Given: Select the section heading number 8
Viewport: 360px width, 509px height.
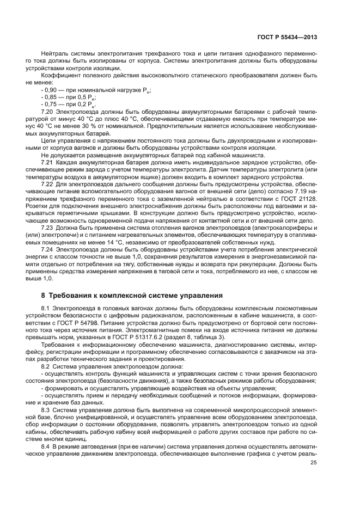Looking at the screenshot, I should point(44,296).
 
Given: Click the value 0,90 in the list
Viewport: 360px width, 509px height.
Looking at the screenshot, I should point(51,89).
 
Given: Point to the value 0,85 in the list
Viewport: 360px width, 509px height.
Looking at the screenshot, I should point(51,96).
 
